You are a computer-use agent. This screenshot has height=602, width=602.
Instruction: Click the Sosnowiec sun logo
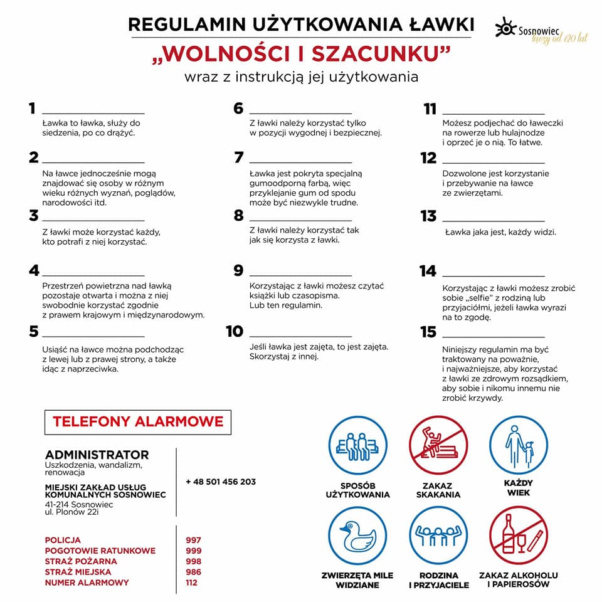click(x=505, y=28)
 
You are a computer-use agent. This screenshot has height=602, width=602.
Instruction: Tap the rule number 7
click(x=238, y=157)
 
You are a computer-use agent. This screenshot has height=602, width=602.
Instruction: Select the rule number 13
click(x=428, y=216)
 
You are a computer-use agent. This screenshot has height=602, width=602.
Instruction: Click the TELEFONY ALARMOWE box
click(x=138, y=422)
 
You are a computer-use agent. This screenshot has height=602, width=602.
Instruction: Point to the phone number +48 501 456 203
click(x=221, y=482)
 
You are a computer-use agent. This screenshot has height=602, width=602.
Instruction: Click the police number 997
click(x=194, y=540)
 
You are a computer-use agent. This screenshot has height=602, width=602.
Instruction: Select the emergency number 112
click(x=191, y=583)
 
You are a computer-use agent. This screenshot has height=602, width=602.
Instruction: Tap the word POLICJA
click(x=63, y=540)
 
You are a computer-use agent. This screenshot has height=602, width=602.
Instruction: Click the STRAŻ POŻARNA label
click(x=81, y=561)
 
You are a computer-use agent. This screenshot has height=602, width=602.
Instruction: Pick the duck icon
click(x=357, y=536)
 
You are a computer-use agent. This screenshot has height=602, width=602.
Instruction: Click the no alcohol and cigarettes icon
click(x=518, y=536)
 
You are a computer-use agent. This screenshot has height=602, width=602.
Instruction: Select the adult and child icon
click(x=518, y=445)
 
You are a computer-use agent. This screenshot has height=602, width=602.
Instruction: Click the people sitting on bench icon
click(x=357, y=445)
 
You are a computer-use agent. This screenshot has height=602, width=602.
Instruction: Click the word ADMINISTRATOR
click(x=97, y=455)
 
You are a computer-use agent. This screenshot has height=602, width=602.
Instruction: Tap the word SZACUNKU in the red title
click(x=382, y=54)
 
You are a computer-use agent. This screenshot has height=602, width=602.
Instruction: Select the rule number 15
click(x=428, y=332)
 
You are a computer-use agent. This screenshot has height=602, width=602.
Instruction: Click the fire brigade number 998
click(x=194, y=561)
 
